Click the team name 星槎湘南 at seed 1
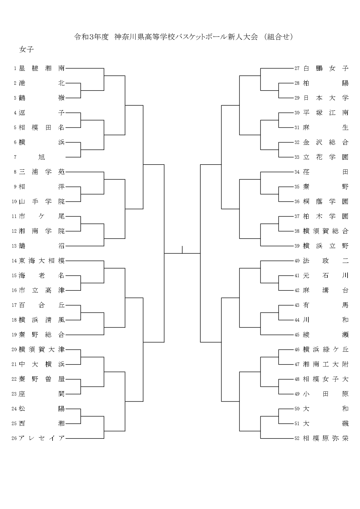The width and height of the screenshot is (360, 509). point(42,68)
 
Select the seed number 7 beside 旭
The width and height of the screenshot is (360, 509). point(15,157)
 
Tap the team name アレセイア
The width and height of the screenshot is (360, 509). point(42,438)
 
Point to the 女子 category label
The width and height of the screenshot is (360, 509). point(26,50)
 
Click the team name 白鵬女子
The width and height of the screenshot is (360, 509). point(325,68)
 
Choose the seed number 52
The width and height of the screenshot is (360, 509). point(297,438)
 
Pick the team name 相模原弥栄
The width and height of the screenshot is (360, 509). point(325,438)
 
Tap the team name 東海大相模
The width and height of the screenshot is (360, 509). point(42,261)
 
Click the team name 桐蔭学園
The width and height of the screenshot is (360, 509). point(325,202)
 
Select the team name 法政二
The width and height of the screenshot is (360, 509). point(325,261)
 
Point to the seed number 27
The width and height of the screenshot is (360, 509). point(297,68)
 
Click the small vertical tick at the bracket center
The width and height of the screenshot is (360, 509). point(182,250)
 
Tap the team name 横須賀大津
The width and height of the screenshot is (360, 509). point(42,350)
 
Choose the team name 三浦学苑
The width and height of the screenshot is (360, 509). point(42,172)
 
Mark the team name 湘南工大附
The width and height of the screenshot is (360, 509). point(325,364)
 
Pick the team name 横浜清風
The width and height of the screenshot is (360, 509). point(42,320)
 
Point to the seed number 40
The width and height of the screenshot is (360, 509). point(297,261)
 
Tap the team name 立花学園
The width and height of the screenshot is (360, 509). point(325,157)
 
